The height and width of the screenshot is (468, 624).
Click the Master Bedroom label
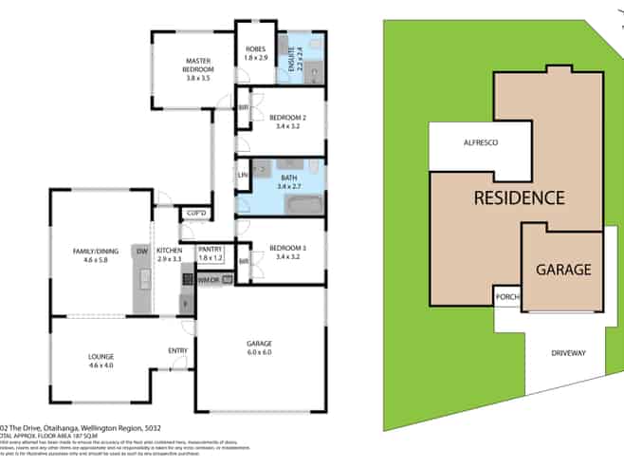pyautogui.click(x=198, y=65)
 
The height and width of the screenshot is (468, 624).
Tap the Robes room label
pyautogui.click(x=256, y=53)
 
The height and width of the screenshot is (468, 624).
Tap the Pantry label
pyautogui.click(x=211, y=253)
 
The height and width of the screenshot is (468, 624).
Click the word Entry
pyautogui.click(x=177, y=351)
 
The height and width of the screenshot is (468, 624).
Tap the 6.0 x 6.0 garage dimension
pyautogui.click(x=259, y=352)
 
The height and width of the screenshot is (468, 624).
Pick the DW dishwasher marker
pyautogui.click(x=141, y=251)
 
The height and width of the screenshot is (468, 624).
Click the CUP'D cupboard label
pyautogui.click(x=197, y=213)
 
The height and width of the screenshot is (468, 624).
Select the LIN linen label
pyautogui.click(x=242, y=176)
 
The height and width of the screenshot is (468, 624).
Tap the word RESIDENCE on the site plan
pyautogui.click(x=519, y=198)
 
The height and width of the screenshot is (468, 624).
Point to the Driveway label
pyautogui.click(x=569, y=353)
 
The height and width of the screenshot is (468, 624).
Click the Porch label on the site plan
pyautogui.click(x=506, y=296)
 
